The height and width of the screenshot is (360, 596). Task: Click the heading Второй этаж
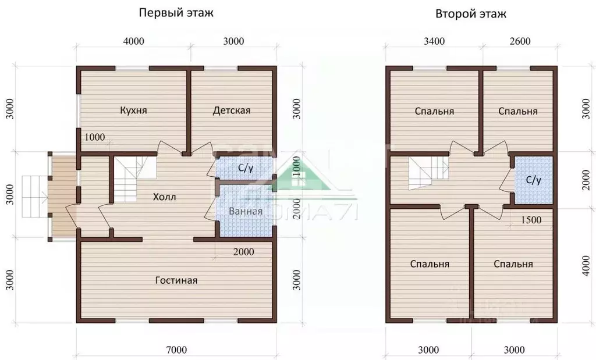471,15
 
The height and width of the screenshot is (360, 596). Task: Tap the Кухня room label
133,111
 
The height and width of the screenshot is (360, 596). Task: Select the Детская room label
231,111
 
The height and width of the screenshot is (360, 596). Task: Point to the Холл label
164,197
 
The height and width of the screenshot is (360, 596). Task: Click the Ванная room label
245,211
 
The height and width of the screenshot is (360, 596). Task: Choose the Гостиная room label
176,280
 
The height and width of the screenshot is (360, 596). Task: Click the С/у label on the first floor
246,169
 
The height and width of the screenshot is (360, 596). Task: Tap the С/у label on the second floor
534,180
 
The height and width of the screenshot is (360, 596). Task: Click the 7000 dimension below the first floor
176,350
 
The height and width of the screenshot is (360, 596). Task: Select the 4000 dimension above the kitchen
133,41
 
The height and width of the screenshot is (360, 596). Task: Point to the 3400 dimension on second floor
434,41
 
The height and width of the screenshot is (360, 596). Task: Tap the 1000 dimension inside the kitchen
94,137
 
